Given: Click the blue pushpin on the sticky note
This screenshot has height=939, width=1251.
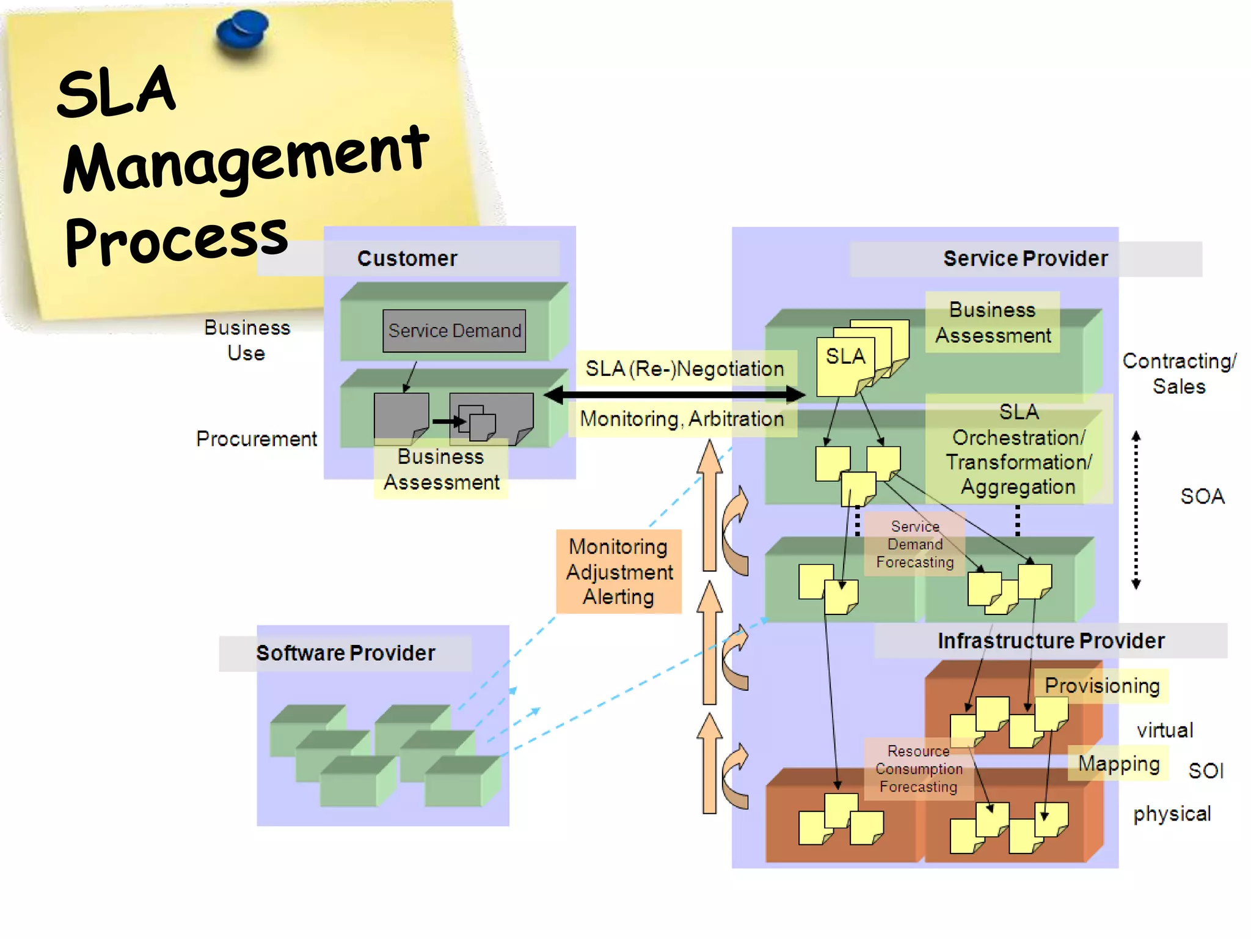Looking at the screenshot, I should (x=243, y=32).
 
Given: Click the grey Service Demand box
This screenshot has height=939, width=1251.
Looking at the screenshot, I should (x=454, y=331).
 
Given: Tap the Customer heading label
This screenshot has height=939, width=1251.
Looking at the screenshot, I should (x=407, y=259).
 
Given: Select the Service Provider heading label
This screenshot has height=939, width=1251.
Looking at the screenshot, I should (x=1025, y=259).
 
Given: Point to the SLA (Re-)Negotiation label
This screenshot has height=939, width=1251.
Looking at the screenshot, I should (x=685, y=369).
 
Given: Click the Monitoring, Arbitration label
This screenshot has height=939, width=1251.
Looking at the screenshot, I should (x=682, y=419).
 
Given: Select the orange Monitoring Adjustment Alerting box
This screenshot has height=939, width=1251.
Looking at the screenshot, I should (x=619, y=571).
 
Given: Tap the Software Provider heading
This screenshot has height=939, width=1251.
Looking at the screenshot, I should (x=345, y=653).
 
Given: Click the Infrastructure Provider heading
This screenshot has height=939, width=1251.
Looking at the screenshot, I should (x=1051, y=641).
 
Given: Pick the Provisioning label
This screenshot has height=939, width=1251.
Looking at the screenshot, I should (x=1102, y=685).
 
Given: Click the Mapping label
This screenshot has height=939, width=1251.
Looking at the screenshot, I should (x=1118, y=763).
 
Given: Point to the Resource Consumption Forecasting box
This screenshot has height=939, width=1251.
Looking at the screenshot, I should (x=918, y=768).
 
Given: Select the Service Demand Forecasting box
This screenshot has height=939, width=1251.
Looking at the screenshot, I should (x=914, y=544).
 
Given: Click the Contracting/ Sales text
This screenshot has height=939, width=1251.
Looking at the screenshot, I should (x=1179, y=374).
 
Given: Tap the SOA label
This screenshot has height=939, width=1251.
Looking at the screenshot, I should (x=1202, y=496).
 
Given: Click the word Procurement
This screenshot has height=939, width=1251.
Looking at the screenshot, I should (x=256, y=438).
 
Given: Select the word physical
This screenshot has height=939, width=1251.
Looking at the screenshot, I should (x=1172, y=814).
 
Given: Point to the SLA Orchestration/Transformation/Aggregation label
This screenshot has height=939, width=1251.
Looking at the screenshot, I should (x=1018, y=449).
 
